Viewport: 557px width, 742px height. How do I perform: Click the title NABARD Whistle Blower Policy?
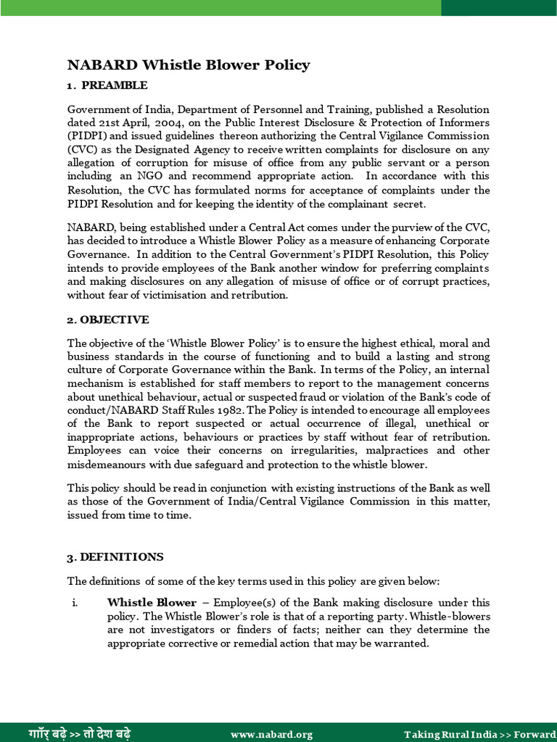coord(189,65)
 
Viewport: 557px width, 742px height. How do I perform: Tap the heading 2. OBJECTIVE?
coord(108,320)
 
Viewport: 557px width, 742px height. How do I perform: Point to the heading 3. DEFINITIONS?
coord(115,557)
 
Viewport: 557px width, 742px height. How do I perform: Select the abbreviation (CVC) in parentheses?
coord(83,149)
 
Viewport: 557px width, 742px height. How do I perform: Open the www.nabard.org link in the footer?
coord(272,734)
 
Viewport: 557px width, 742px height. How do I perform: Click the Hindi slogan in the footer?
coord(80,733)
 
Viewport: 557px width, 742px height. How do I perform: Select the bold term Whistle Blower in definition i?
coord(152,603)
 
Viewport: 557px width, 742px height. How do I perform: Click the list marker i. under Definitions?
coord(75,603)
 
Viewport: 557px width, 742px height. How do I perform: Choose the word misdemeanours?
coord(107,464)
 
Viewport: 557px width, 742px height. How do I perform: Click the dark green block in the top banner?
coord(498,7)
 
